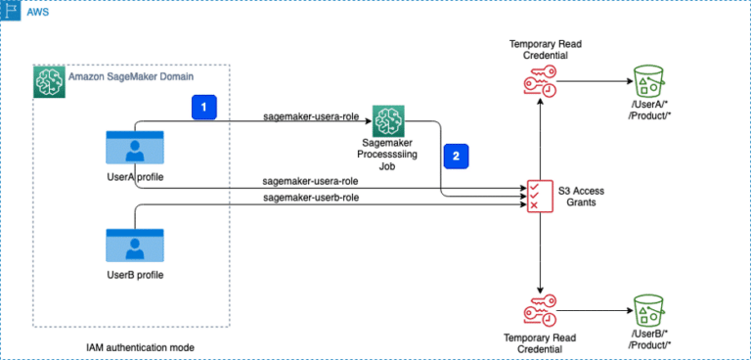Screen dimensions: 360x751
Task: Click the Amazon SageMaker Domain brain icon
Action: tap(49, 81)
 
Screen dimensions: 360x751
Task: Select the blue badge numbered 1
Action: tap(202, 106)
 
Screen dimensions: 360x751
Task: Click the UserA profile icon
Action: tap(134, 148)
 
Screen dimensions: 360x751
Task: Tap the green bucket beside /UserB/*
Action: tap(646, 310)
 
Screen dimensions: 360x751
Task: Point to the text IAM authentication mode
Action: tap(134, 347)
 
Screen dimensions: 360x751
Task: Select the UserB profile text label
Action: tap(134, 275)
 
